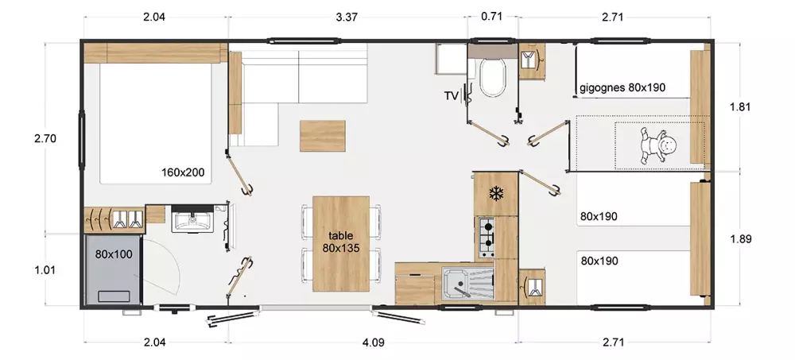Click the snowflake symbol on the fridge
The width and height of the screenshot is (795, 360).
[495, 193]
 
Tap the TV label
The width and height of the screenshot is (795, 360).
[452, 95]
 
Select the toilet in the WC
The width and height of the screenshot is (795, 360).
[492, 76]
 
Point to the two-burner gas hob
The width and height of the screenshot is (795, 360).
[487, 237]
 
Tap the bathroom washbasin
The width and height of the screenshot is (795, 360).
[192, 220]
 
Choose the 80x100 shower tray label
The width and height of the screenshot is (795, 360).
[114, 254]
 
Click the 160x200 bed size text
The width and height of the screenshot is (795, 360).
[183, 172]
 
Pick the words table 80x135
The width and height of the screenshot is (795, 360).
[341, 242]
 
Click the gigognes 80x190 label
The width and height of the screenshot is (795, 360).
[622, 87]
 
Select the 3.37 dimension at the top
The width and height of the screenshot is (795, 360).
[347, 17]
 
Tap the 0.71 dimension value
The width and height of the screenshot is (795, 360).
[491, 16]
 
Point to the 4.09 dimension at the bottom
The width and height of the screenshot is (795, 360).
[373, 343]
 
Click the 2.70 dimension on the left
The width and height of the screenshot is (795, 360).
[45, 138]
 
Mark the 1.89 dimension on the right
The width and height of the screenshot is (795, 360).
[741, 239]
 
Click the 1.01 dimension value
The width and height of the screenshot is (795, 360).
[45, 270]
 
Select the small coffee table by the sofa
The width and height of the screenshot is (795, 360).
[323, 136]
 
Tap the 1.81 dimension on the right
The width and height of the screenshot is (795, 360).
[741, 107]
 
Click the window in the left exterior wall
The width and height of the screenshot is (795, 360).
[81, 139]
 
